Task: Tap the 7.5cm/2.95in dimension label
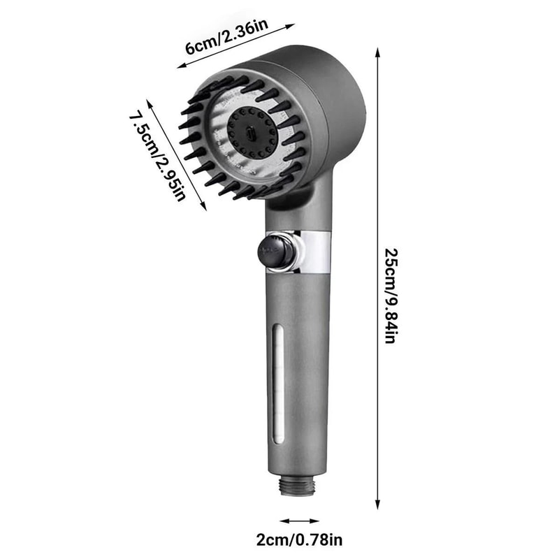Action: [158, 156]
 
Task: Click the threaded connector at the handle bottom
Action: [298, 484]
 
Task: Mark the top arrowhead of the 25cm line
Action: [377, 51]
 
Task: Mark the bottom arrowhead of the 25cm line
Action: [377, 505]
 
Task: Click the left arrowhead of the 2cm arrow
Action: [282, 521]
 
